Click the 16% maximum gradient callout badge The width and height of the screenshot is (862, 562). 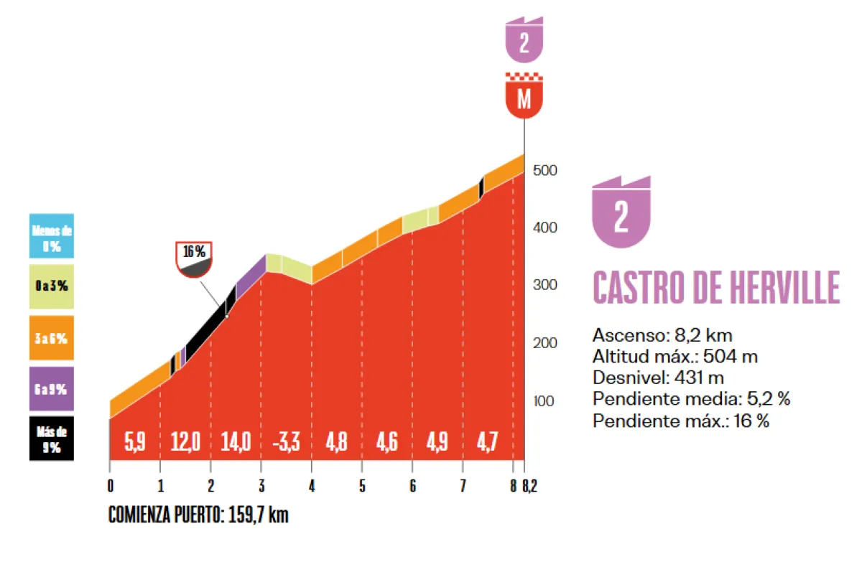click(194, 259)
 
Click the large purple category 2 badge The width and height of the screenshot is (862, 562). click(621, 213)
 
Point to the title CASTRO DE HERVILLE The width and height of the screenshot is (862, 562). click(715, 289)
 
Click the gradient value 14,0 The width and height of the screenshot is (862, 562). click(236, 441)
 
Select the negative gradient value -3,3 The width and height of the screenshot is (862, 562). click(286, 441)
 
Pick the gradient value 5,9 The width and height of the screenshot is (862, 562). click(135, 441)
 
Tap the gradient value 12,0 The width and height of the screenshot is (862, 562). click(185, 441)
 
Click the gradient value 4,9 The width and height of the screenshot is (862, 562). click(437, 441)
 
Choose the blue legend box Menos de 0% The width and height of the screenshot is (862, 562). click(51, 235)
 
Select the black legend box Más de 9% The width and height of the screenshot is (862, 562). click(51, 438)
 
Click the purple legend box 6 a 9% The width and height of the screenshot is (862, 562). click(51, 389)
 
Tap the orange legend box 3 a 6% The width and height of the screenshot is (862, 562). click(51, 337)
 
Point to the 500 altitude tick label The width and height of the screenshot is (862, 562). click(544, 171)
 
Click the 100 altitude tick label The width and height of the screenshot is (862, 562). click(544, 401)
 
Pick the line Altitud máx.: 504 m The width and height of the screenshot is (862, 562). click(675, 356)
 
